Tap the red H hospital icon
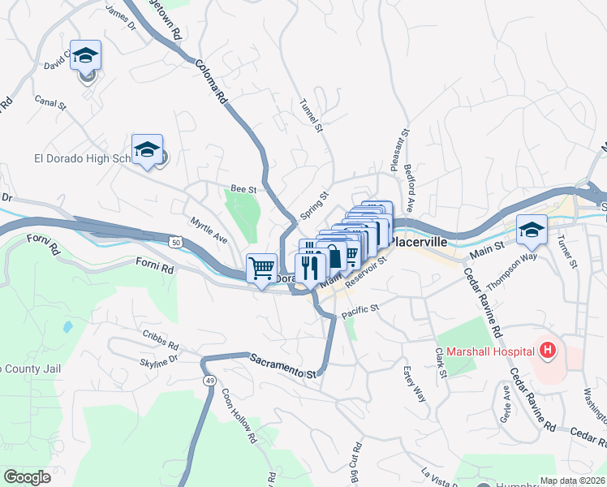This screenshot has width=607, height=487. pos(548,351)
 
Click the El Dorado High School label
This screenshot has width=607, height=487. pos(81,158)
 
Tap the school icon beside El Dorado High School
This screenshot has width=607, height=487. pos(147,150)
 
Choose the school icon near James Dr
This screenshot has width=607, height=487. pos(85,57)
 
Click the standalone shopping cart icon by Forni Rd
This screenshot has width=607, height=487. pos(261,267)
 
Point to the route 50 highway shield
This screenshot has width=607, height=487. pos(175,241)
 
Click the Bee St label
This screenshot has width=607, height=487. pos(243,188)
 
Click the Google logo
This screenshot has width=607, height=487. pos(28,476)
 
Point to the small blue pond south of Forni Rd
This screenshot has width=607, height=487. pos(67,327)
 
